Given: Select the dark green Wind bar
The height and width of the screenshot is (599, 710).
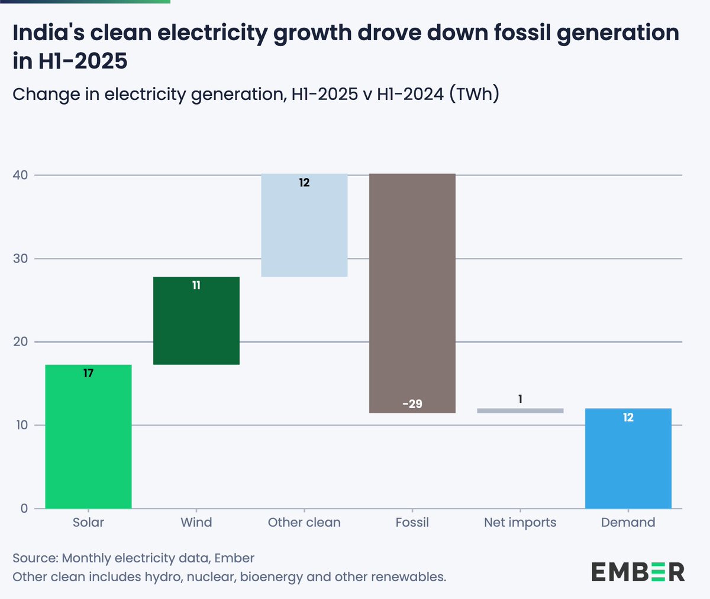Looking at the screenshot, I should coord(196,320).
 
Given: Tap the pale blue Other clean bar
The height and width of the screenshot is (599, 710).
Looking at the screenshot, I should coord(304,225).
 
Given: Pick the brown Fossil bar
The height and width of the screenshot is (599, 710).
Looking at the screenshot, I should coord(412,293).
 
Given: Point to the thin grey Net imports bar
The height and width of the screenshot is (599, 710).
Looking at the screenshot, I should coord(520,410).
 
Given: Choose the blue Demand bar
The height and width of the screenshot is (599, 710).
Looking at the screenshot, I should coord(628,458).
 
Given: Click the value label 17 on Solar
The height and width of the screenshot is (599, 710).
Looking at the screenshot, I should coord(88,373).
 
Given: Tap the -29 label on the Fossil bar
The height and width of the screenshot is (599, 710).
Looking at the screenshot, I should coord(412,404).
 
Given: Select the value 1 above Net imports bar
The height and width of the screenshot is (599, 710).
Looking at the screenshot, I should coord(520,399).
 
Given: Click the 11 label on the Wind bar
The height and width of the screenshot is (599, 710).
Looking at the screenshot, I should coord(196,285).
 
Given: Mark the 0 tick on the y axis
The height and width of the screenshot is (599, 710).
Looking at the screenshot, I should coord(24,509).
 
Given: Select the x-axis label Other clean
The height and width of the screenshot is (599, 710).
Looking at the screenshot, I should coord(304,522).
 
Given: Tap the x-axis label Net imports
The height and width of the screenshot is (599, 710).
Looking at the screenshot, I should coord(520,522).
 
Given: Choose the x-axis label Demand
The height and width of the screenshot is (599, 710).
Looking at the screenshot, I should coord(628,522).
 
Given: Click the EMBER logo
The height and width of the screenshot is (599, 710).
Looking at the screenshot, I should coord(638,572).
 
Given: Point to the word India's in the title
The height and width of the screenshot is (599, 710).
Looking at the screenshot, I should coord(47,33).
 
